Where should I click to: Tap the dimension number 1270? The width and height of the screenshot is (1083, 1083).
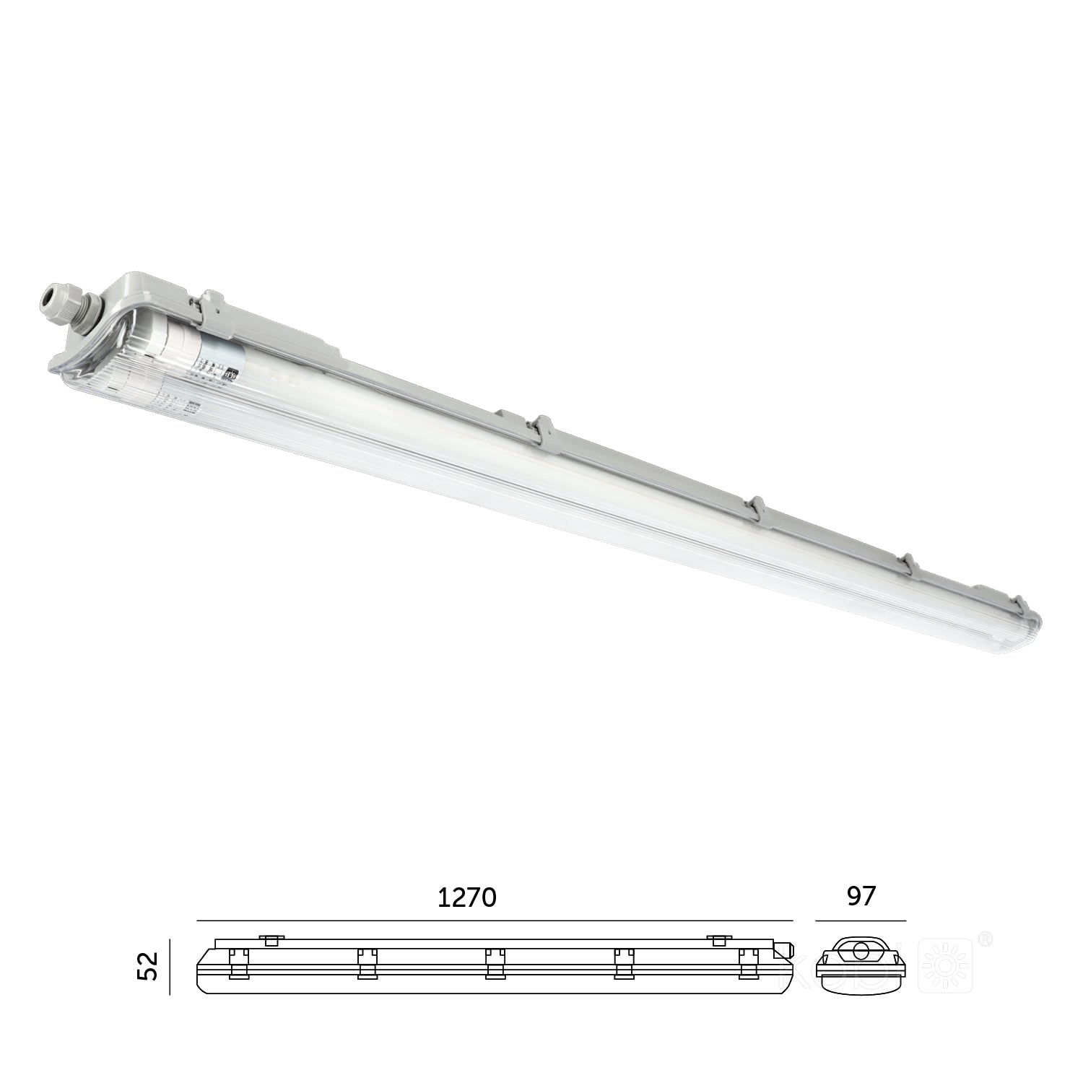pos(467,897)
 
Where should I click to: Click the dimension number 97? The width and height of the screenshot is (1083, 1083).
pos(860,896)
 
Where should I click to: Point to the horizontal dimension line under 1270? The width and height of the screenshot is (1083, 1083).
pos(495,921)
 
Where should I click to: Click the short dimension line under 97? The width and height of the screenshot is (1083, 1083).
pos(861,921)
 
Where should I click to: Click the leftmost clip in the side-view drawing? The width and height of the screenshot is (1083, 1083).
pos(238,964)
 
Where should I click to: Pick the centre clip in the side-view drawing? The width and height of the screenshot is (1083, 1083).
pos(495,964)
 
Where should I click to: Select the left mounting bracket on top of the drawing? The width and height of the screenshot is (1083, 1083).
pos(271,939)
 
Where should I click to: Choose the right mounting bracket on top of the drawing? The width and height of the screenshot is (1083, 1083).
pos(718,939)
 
